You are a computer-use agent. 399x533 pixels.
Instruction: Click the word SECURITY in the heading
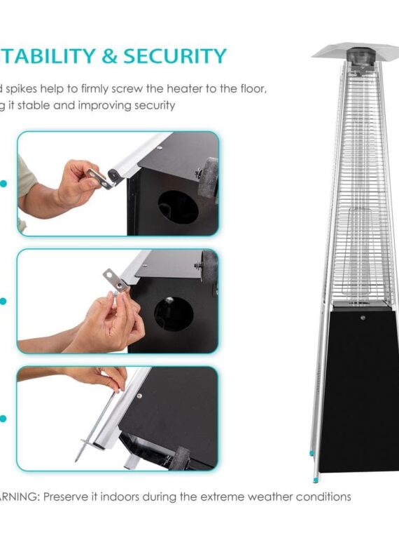pos(174,56)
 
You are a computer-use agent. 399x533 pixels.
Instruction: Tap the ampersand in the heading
pos(109,56)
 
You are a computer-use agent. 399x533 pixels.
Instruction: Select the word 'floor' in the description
pos(248,90)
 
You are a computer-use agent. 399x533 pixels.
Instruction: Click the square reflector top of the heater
pos(355,53)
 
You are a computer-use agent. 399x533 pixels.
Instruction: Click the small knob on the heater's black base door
pos(362,318)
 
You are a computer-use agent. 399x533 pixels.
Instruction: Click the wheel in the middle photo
pos(209,269)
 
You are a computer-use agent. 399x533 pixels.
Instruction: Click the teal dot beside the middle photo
pos(3,302)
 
